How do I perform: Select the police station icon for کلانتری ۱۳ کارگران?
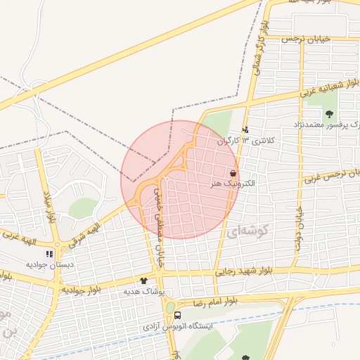245,129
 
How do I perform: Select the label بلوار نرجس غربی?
330,174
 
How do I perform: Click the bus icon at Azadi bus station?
177,316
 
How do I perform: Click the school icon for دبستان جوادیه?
49,254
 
